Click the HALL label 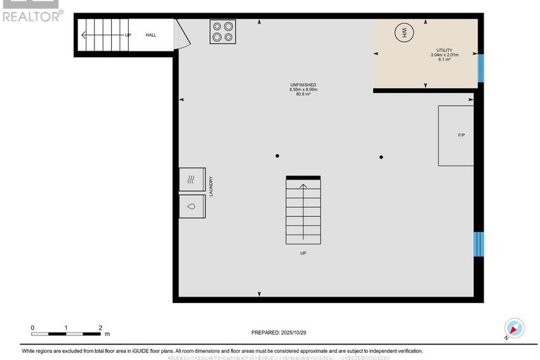coord(151,35)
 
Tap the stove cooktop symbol coord(222,32)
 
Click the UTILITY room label coord(444,51)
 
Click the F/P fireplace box coord(456,135)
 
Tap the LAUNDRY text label coord(211,187)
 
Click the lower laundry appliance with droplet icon coord(191,206)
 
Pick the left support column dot coord(277,156)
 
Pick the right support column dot coord(381,156)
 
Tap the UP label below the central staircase coord(303,252)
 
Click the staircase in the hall coord(101,35)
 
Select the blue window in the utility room coord(481,68)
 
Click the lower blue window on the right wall coord(479,244)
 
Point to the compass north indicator coord(515,328)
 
